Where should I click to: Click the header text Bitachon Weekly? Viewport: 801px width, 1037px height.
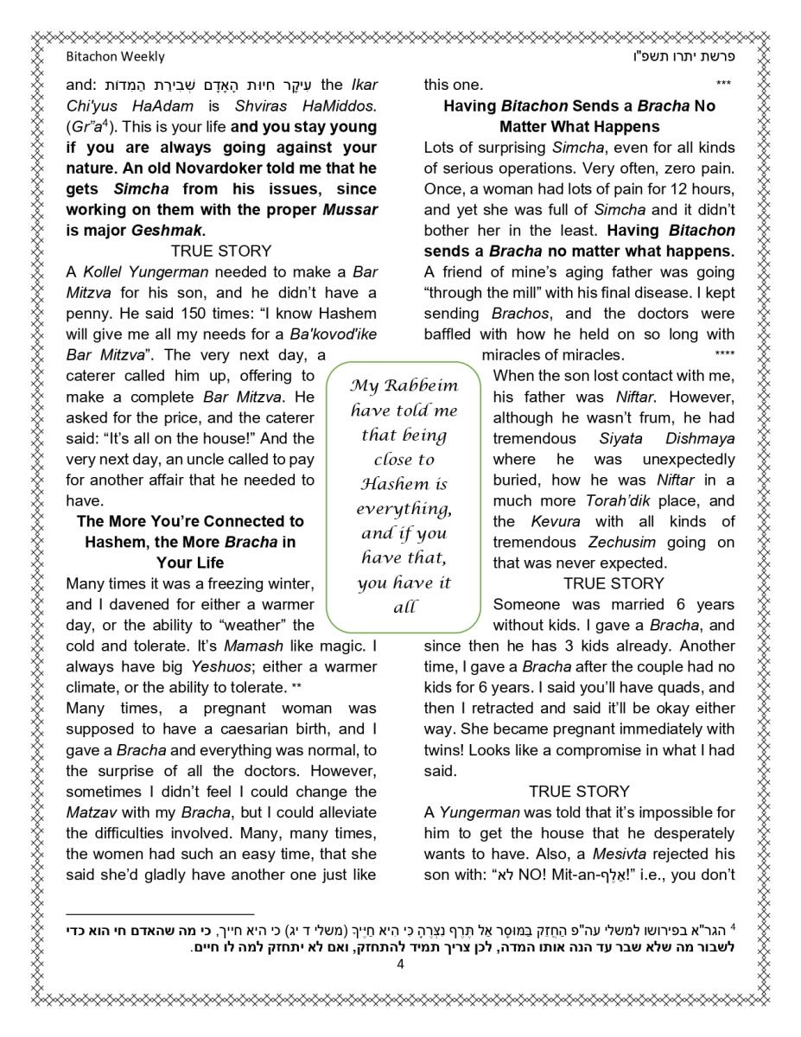click(x=115, y=58)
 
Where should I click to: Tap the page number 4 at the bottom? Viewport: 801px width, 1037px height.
click(x=400, y=965)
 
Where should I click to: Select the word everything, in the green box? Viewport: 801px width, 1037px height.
click(x=403, y=508)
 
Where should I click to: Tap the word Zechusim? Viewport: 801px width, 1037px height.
click(x=622, y=543)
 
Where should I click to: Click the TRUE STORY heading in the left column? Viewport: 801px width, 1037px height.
click(x=221, y=251)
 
